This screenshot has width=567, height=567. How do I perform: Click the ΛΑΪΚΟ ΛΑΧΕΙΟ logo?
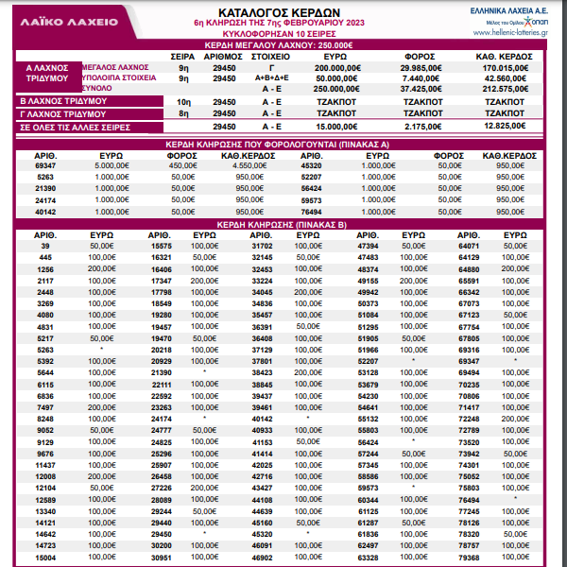coord(59,19)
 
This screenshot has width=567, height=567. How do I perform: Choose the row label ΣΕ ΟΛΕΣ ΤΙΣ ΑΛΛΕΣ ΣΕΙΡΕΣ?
coord(76,126)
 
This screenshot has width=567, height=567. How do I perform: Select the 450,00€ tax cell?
coord(181,165)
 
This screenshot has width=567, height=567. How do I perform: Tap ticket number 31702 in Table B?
coord(262,246)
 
